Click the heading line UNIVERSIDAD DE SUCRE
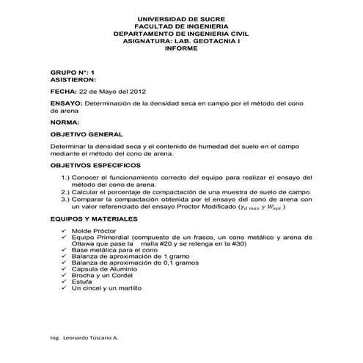[182, 17]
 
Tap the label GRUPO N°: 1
[73, 73]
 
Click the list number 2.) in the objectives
[65, 191]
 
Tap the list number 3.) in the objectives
[65, 198]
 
